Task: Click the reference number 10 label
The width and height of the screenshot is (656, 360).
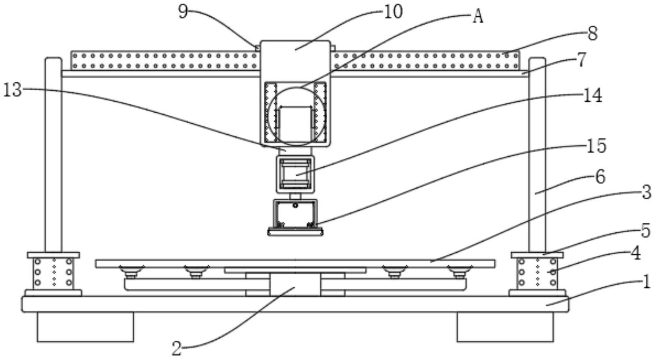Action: coord(393,11)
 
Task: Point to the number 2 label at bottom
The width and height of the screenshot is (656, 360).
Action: coord(177,349)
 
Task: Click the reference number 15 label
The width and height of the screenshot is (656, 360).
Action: coord(597,146)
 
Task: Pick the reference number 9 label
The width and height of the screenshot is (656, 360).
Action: coord(183,11)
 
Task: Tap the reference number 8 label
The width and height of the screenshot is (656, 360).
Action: coord(592,33)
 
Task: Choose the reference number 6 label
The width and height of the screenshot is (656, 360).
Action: coord(600,176)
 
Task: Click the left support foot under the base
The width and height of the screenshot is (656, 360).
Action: coord(85,327)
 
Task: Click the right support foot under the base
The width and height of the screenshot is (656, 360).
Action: coord(505,327)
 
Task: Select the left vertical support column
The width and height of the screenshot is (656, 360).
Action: coord(53,154)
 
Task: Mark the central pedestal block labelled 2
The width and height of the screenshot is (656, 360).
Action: coord(295,284)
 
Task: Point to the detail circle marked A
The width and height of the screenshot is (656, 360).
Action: coord(296,116)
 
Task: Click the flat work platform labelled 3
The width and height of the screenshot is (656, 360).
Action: coord(295,263)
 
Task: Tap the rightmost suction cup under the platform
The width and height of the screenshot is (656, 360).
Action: coord(460,271)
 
